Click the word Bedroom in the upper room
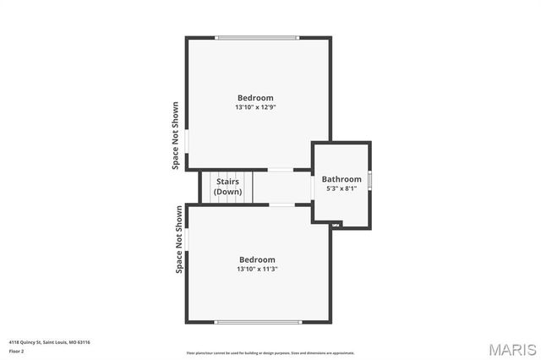coord(255,98)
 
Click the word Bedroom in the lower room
coord(257,259)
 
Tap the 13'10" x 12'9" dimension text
coord(256,108)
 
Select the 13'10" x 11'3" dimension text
coord(258,270)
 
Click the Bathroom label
coord(342,179)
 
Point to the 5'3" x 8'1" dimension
coord(342,188)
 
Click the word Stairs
coord(228,182)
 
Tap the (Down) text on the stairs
coord(228,192)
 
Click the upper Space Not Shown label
coord(176,136)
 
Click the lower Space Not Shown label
coord(179,240)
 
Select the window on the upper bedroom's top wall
coord(256,37)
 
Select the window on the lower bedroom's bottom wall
coord(257,322)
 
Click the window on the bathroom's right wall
coord(369,181)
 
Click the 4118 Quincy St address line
coord(49,342)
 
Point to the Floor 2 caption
coord(16,351)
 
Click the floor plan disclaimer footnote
coord(270,352)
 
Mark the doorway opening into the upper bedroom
coord(281,170)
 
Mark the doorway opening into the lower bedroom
coord(281,205)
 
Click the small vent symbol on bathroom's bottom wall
coord(336,224)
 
